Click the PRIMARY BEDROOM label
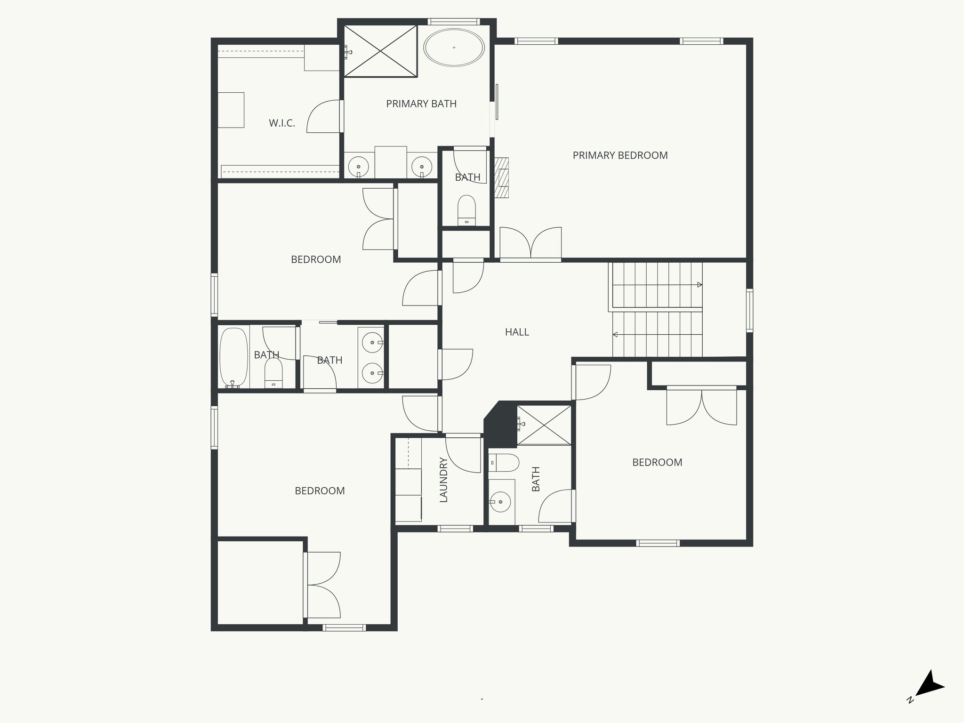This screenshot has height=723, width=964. point(620,155)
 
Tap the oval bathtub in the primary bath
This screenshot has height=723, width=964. point(454,48)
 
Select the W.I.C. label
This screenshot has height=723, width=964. point(282,123)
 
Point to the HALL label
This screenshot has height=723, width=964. point(517,332)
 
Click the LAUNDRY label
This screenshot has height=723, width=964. point(443,480)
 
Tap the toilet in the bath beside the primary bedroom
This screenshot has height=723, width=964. point(467,210)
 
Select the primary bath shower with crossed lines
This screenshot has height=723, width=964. point(380,51)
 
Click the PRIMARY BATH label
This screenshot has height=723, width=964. point(421,104)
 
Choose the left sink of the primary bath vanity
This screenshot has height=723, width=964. point(359,166)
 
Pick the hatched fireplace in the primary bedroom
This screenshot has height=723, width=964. point(502,177)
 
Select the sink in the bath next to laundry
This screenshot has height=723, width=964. point(499,502)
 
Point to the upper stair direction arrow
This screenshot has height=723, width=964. point(699,285)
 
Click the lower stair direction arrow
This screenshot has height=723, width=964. point(615,335)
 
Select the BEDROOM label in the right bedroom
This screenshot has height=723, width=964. point(657,463)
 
